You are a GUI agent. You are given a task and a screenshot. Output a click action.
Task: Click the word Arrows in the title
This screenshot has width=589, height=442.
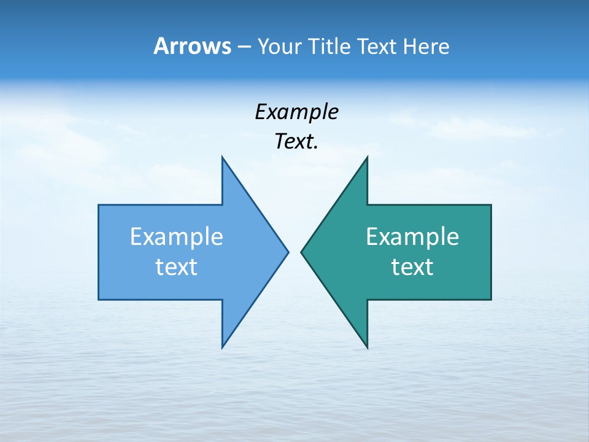[x=191, y=46]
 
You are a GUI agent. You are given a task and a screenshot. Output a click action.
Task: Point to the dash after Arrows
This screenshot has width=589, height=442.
[x=243, y=47]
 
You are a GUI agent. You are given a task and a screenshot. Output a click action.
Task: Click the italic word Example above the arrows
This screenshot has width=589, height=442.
[x=296, y=112]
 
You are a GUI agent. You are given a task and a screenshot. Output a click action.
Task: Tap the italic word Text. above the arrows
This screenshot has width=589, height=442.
[x=296, y=142]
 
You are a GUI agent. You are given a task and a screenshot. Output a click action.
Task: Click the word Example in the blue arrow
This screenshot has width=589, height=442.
[x=177, y=236]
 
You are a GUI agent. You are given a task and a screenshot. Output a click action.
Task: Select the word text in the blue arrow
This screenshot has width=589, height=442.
[x=177, y=267]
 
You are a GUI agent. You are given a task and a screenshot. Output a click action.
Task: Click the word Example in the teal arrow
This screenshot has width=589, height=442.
[x=412, y=236]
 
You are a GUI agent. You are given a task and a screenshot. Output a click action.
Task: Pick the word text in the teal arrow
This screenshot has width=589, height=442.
[x=412, y=267]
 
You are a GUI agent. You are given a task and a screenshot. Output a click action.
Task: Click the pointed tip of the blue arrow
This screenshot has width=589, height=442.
[x=288, y=251]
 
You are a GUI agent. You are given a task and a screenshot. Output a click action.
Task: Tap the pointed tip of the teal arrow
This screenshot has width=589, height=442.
[x=301, y=251]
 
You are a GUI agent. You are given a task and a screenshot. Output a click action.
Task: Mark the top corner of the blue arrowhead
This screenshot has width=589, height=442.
[x=222, y=157]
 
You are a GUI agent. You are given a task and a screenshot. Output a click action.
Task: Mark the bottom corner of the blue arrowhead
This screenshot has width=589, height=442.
[x=222, y=347]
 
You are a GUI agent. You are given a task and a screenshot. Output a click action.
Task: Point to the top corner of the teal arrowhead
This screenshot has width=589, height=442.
[x=367, y=157]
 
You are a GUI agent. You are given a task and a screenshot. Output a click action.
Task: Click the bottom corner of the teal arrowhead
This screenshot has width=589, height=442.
[x=367, y=347]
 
